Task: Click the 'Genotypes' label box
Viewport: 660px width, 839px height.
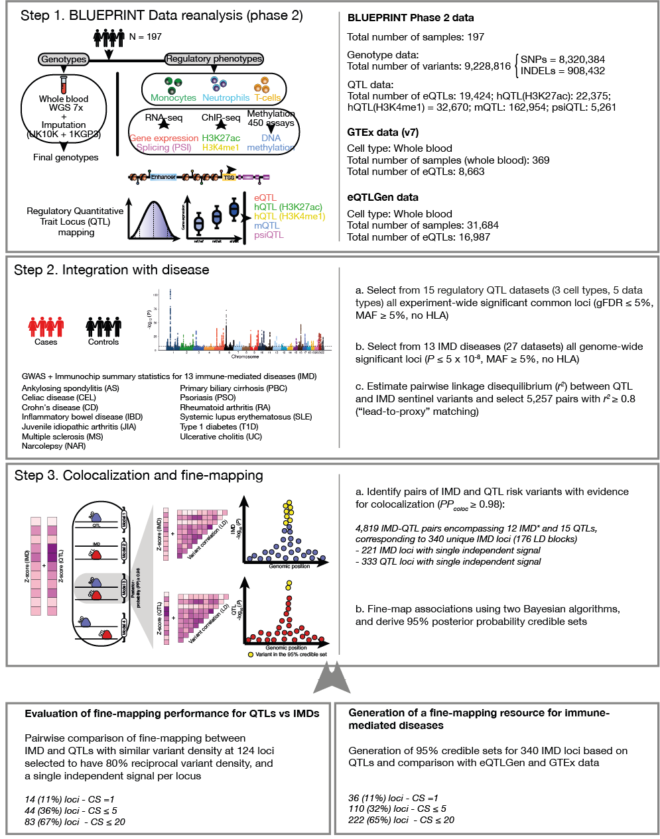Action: click(x=64, y=59)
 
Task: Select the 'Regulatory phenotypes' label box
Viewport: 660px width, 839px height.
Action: click(x=214, y=59)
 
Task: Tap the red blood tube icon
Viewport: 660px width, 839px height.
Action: click(x=64, y=85)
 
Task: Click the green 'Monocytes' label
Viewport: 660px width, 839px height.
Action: click(x=173, y=97)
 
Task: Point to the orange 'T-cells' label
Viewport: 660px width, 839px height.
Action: click(x=267, y=97)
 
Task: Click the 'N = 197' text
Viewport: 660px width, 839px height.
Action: click(x=145, y=36)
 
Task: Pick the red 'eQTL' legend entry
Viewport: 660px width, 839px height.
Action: click(x=265, y=197)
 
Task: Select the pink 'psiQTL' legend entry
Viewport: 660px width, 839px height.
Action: click(x=269, y=235)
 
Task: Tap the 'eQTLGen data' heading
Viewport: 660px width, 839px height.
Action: click(x=383, y=197)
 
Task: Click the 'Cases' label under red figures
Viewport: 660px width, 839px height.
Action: click(x=46, y=342)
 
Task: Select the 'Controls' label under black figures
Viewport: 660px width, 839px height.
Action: click(x=103, y=342)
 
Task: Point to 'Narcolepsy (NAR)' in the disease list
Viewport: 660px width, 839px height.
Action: click(x=54, y=446)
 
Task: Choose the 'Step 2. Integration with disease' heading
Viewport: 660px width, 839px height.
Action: click(x=111, y=270)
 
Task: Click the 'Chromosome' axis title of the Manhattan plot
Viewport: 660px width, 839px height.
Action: click(x=245, y=357)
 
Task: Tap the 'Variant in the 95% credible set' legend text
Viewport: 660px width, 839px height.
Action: click(x=291, y=654)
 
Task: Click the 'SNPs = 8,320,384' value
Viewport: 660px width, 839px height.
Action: click(x=562, y=60)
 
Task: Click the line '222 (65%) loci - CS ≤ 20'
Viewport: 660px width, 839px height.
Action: click(x=401, y=820)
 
